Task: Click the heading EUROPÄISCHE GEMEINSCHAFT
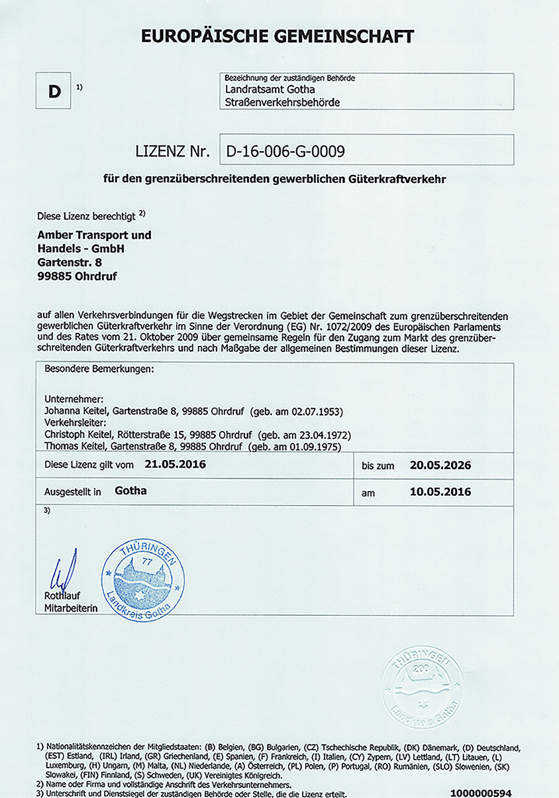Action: click(278, 36)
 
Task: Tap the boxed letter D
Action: click(54, 91)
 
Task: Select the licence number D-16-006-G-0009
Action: click(285, 151)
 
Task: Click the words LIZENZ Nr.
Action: click(172, 151)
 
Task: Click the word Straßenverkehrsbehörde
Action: click(282, 102)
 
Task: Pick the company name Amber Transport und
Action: click(94, 235)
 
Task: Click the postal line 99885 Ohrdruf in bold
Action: click(77, 276)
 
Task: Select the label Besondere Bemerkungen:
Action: click(99, 368)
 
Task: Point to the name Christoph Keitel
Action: click(81, 435)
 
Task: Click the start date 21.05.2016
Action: click(175, 465)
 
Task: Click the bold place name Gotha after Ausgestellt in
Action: click(130, 491)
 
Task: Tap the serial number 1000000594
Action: click(481, 793)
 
